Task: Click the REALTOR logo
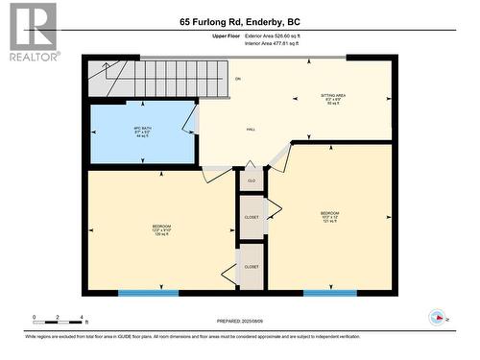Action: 31,33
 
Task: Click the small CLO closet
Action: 252,180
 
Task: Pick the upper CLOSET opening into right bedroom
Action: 252,216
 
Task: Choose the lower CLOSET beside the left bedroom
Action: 252,266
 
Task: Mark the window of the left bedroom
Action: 148,292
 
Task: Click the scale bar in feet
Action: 60,321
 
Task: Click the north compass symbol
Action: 439,318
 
